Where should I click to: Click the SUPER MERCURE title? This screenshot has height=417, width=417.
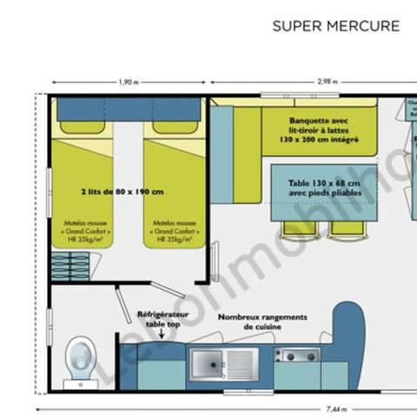coord(336,26)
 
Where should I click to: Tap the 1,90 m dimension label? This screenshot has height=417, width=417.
coord(128,83)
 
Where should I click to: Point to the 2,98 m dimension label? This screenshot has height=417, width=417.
coord(328,83)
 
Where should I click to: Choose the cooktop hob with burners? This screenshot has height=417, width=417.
coord(297,354)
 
